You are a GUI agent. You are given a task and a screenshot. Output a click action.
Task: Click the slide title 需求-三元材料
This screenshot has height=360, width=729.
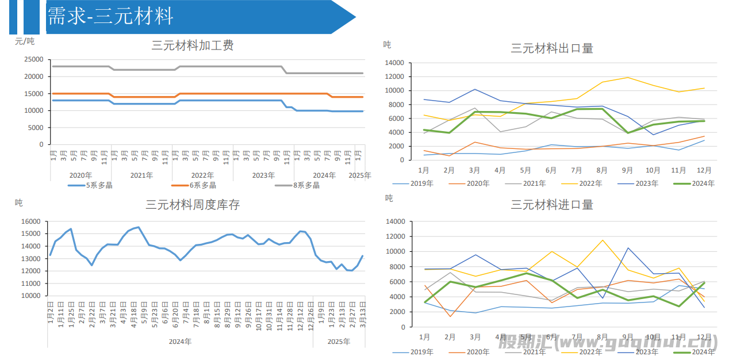(110, 16)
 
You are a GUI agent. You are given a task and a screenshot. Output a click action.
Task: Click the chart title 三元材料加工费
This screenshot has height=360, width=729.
(193, 45)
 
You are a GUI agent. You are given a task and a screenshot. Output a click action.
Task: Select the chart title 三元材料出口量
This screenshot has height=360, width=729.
(552, 48)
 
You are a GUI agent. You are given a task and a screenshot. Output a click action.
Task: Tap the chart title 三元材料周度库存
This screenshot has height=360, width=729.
(193, 205)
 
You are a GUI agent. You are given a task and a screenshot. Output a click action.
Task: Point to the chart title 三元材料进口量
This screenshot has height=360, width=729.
(552, 205)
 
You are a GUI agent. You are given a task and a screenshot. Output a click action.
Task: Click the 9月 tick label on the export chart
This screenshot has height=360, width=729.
(627, 170)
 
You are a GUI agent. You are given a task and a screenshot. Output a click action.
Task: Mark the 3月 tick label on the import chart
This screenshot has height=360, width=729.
(475, 337)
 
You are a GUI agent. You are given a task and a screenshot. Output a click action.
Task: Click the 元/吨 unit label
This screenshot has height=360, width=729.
(25, 41)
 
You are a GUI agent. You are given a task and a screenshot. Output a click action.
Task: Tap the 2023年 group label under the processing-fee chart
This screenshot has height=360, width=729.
(263, 175)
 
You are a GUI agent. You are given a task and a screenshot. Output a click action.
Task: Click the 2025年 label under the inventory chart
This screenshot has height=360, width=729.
(339, 342)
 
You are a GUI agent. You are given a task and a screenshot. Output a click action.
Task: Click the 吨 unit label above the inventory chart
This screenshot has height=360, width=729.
(19, 202)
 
